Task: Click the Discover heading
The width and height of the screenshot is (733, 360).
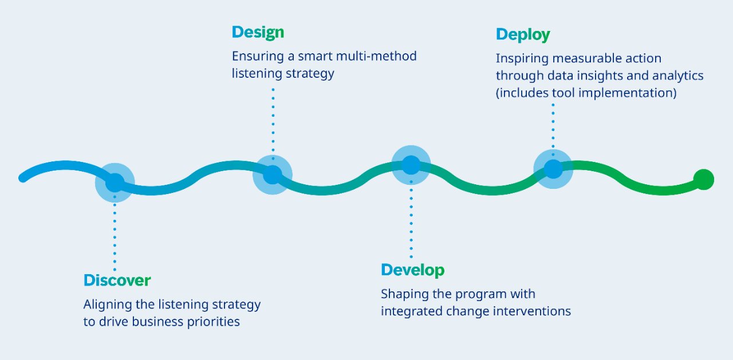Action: [x=117, y=280]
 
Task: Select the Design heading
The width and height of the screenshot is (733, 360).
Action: [x=258, y=33]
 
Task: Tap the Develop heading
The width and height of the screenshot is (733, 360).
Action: [x=412, y=270]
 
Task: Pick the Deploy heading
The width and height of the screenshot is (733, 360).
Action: [x=522, y=35]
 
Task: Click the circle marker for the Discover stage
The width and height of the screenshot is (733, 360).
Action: [x=115, y=183]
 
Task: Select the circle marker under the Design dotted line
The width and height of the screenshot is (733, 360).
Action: [x=273, y=175]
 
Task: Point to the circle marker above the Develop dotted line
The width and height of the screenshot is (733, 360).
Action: [x=411, y=165]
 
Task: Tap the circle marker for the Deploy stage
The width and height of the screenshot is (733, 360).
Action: [x=553, y=169]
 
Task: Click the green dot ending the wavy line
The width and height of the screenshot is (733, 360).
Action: [x=703, y=180]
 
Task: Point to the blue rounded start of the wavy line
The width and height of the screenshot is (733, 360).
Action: [x=23, y=178]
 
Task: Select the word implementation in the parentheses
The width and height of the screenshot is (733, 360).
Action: [x=628, y=93]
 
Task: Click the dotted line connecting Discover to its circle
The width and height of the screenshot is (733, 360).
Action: [x=115, y=235]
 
